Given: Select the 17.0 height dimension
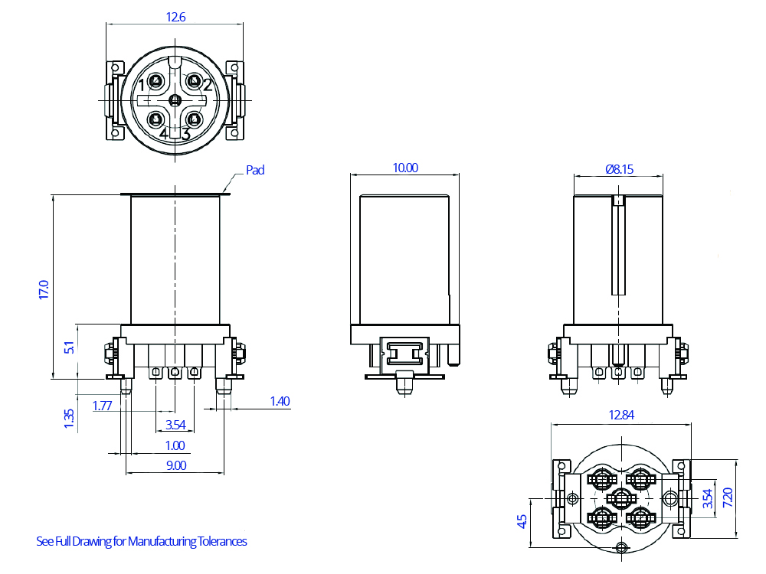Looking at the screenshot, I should [x=44, y=289].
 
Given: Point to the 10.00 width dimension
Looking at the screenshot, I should [x=405, y=168].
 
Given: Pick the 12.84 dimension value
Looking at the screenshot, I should [x=621, y=415].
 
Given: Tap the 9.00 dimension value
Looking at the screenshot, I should [x=175, y=465].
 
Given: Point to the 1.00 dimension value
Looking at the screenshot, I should [x=175, y=445].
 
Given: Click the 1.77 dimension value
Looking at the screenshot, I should [x=102, y=406].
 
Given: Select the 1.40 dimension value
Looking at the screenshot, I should [x=280, y=401].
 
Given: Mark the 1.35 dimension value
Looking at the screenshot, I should [x=69, y=419].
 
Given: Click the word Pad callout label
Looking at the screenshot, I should [x=255, y=170].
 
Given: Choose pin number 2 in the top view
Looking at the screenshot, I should [x=208, y=85].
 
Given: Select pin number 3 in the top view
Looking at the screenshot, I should [x=185, y=134].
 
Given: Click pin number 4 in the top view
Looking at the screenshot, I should [x=164, y=134].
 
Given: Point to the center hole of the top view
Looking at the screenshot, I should [x=175, y=99].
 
